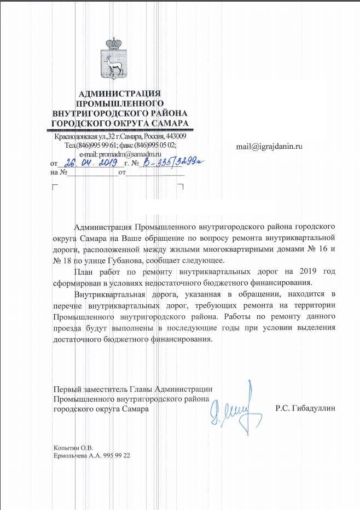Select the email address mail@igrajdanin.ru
coord(269,147)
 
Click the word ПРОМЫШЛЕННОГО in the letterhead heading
coord(120,103)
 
